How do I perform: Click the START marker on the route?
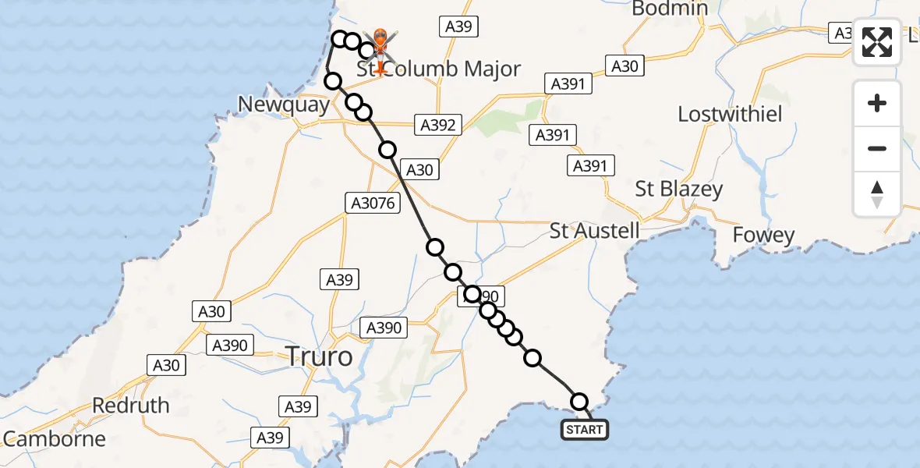tap(584, 429)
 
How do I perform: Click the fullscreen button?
tap(877, 43)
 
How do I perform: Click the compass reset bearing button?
tap(877, 194)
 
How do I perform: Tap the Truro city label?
tap(320, 357)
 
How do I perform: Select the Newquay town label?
tap(285, 105)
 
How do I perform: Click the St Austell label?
tap(595, 231)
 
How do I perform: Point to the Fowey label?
tap(763, 235)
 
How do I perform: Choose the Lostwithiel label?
tap(730, 114)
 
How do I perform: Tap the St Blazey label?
tap(679, 189)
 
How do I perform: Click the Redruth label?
tap(131, 406)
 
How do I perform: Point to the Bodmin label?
tap(670, 9)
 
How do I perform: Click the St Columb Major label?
tap(439, 69)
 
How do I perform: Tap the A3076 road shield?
tap(372, 204)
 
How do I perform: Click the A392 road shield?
tap(438, 124)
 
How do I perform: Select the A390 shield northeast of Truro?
tap(383, 328)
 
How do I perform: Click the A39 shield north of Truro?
tap(341, 280)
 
